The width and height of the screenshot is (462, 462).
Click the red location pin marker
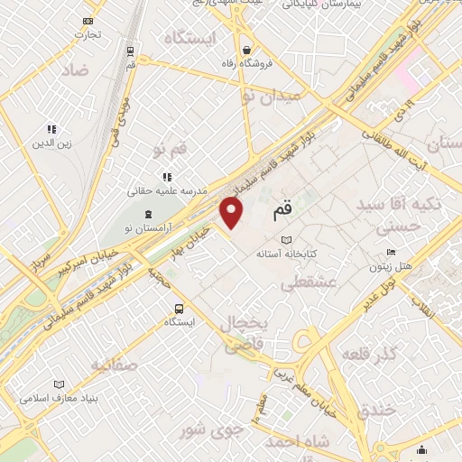233,214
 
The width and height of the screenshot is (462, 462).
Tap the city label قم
282,209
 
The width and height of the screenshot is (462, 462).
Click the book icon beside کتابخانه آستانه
288,240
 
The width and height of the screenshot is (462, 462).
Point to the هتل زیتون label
390,266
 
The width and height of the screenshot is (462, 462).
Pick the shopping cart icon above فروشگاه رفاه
246,50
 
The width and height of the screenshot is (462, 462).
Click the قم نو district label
171,148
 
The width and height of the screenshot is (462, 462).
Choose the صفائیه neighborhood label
112,365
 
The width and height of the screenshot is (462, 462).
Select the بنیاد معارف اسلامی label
64,398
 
